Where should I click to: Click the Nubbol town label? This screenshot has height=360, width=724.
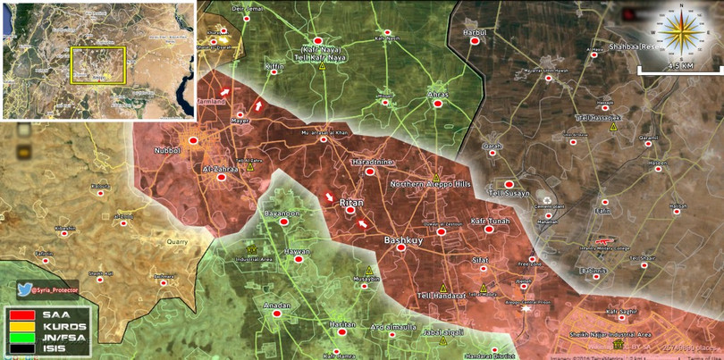coord(168,151)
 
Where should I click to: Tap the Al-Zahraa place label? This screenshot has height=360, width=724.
coord(219,167)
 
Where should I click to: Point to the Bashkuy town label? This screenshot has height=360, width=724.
coord(401,240)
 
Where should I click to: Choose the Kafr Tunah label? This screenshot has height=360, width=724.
coord(490,219)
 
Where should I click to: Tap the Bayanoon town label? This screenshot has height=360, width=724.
coord(283,213)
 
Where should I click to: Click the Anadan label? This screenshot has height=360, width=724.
coord(277,306)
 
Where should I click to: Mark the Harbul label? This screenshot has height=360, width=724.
coord(474,32)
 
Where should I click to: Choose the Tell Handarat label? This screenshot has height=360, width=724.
coord(441,297)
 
